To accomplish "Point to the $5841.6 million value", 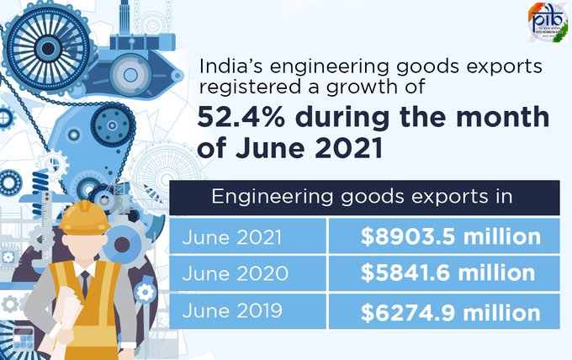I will point(448,273).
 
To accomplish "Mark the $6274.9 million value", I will point(450,312).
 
